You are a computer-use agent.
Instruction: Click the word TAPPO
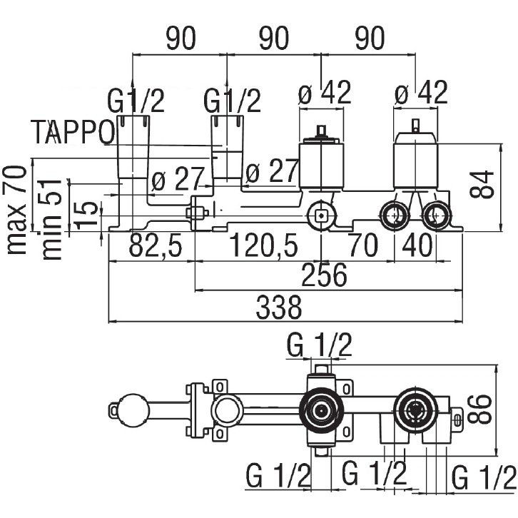(73, 131)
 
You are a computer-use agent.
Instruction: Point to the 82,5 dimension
(156, 247)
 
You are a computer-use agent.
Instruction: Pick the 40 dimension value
(422, 247)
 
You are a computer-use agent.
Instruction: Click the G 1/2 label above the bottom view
(320, 347)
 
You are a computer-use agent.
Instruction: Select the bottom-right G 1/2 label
(482, 474)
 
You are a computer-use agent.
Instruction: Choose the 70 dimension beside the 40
(365, 247)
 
